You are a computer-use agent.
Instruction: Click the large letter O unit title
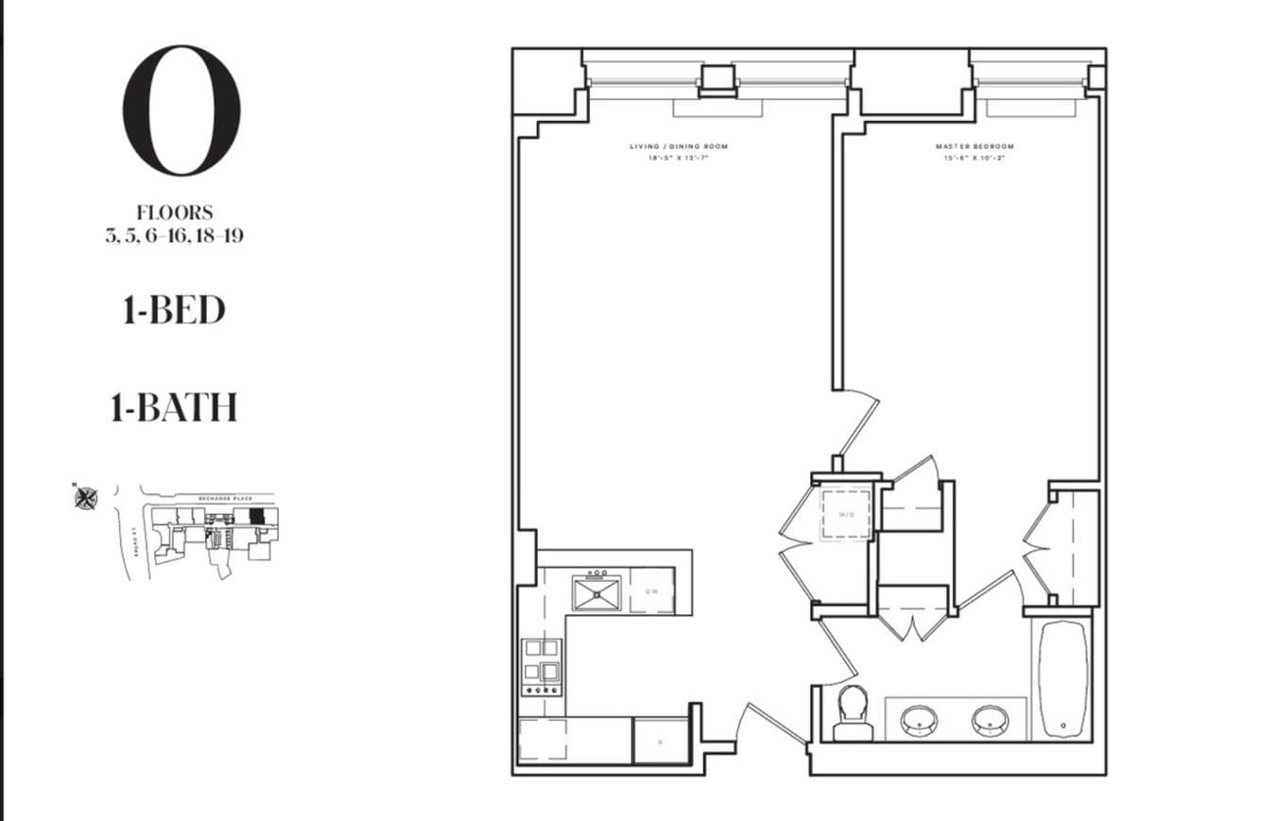[181, 110]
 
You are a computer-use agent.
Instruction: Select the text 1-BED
[174, 310]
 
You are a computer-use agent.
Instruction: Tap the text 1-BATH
[174, 407]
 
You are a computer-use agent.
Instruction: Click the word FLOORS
[175, 214]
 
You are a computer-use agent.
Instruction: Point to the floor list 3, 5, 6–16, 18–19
[175, 235]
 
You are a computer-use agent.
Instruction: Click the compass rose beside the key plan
[86, 497]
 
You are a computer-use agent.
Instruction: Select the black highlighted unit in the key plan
[256, 516]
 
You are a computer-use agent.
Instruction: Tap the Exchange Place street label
[223, 495]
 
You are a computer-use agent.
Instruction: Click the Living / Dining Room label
[679, 146]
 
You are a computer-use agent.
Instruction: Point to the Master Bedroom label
[974, 146]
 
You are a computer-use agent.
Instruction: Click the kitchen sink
[596, 592]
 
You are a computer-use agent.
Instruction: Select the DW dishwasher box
[652, 591]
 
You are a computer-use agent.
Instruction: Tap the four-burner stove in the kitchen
[542, 666]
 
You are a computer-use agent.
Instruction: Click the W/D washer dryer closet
[846, 514]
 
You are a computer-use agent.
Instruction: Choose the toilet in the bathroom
[853, 713]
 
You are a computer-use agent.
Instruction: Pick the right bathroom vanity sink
[990, 721]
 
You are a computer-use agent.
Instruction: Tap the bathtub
[1063, 677]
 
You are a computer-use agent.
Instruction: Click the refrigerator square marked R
[661, 741]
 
